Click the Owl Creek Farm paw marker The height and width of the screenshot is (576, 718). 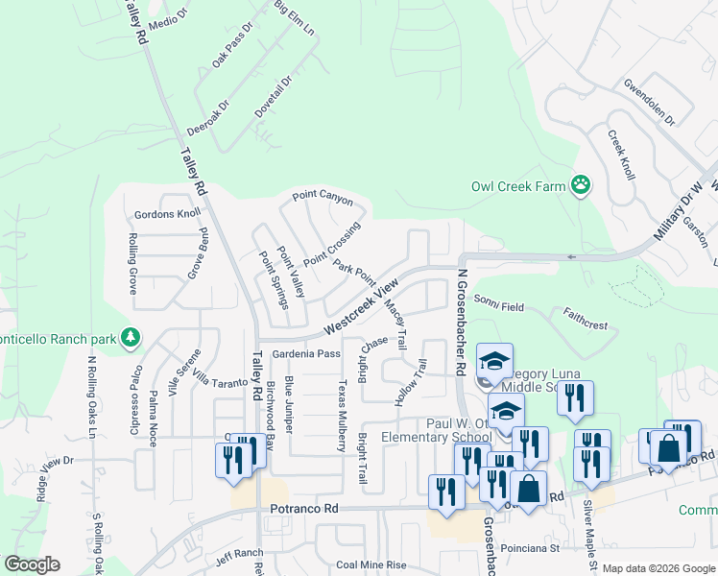(581, 184)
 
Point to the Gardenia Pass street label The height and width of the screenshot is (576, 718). (307, 354)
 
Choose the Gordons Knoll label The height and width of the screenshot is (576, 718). (168, 214)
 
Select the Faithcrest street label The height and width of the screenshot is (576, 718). (586, 319)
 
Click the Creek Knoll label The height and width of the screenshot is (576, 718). (621, 156)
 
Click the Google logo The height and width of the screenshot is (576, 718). (31, 564)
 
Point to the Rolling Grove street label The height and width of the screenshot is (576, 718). (132, 263)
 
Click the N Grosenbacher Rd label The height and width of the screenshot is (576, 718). (462, 322)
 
